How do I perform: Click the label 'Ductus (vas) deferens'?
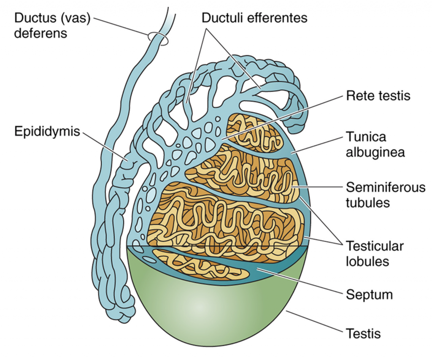click(53, 25)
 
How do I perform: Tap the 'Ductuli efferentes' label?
click(254, 18)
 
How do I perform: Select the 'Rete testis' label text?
click(378, 96)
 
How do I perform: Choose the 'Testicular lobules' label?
click(374, 253)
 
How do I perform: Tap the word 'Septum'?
click(369, 294)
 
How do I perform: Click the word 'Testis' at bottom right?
click(363, 333)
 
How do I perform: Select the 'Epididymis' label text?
click(47, 131)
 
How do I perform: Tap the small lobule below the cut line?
click(198, 265)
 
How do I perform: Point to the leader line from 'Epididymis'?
click(105, 146)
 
